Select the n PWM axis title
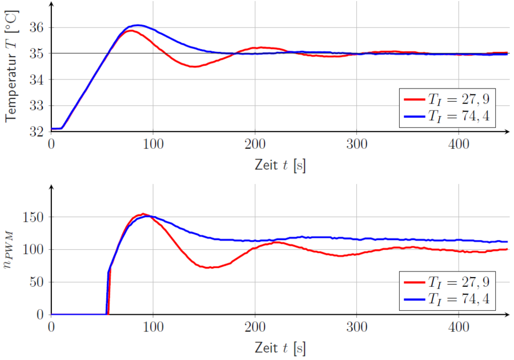click(x=13, y=251)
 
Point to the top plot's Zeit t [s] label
click(x=280, y=165)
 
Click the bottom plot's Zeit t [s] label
click(x=280, y=347)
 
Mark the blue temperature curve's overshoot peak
click(x=137, y=25)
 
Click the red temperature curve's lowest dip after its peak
click(x=194, y=67)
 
